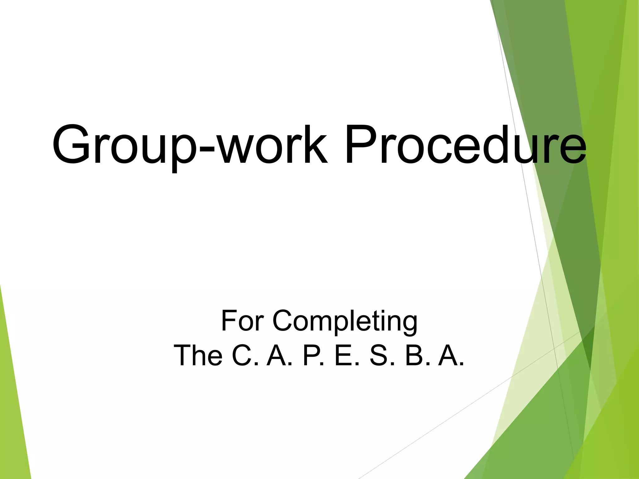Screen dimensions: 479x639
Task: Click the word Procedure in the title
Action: click(465, 144)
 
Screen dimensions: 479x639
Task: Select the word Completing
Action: click(344, 321)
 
